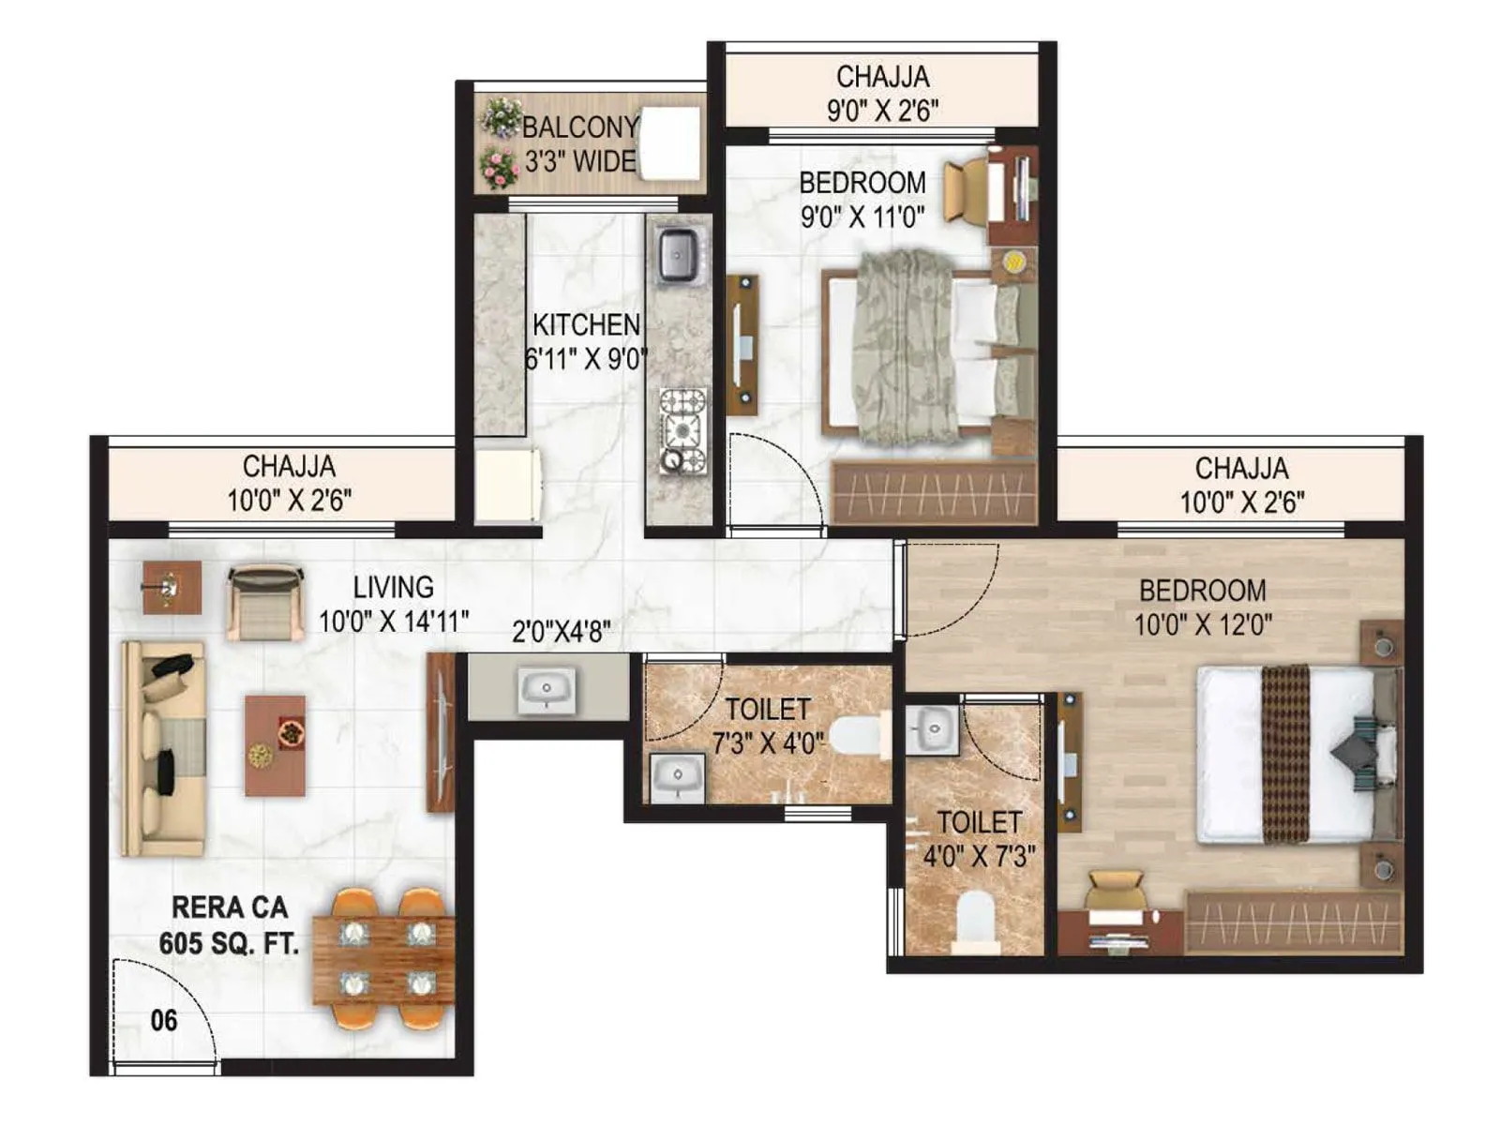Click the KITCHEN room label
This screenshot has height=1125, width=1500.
pos(586,325)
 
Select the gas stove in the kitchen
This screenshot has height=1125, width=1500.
pos(682,431)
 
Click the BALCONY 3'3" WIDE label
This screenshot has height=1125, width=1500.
pos(579,143)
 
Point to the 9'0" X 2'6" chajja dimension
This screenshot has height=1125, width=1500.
pos(882,111)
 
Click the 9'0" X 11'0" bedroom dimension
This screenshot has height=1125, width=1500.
pos(862,217)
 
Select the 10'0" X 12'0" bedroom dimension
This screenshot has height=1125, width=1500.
pos(1203,624)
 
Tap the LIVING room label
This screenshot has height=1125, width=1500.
pos(393,588)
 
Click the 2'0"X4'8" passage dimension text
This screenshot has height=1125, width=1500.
pos(561,633)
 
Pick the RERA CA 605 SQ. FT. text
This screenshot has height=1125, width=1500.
pos(229,925)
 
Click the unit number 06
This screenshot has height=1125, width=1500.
pos(164,1020)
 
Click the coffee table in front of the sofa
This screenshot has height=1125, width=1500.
pos(276,745)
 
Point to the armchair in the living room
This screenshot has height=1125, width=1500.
pos(265,603)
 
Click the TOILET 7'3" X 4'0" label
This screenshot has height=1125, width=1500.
pos(767,726)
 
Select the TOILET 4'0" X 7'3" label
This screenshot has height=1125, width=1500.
pos(979,839)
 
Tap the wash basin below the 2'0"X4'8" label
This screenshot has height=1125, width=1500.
pos(547,690)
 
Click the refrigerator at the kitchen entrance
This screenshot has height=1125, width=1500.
pos(507,485)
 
